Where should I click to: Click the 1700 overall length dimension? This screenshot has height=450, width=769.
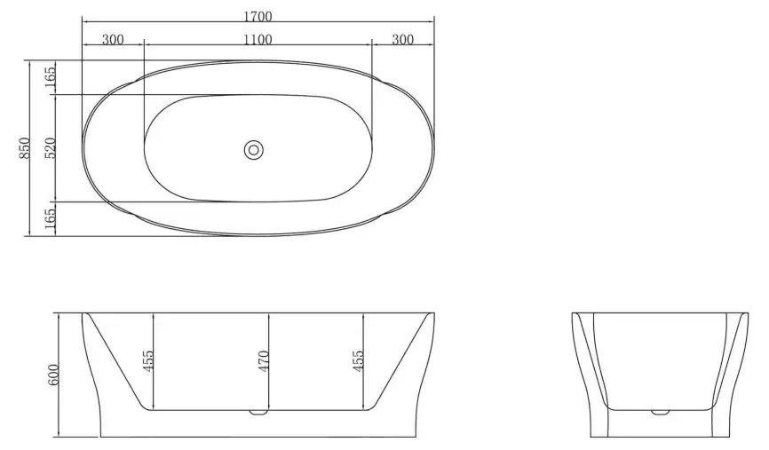(x=257, y=16)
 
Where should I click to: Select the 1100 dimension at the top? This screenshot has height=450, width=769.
(x=257, y=39)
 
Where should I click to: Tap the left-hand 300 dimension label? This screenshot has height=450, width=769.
(x=113, y=39)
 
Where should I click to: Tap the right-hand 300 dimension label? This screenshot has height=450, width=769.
(x=402, y=39)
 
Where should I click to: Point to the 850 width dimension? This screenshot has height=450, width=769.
(x=26, y=147)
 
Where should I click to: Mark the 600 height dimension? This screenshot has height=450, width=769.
(x=52, y=375)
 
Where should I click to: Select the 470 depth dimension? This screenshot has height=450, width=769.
(x=263, y=361)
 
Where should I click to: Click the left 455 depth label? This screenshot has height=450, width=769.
(x=148, y=361)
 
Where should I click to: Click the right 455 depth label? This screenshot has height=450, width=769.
(x=359, y=361)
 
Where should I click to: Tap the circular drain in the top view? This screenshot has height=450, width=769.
(x=254, y=150)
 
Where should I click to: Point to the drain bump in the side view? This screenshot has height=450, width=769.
(x=258, y=412)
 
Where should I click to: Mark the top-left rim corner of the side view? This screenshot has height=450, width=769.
(x=82, y=313)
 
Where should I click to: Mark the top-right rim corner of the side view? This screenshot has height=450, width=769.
(x=433, y=313)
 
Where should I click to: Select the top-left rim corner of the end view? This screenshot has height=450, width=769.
(x=572, y=313)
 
